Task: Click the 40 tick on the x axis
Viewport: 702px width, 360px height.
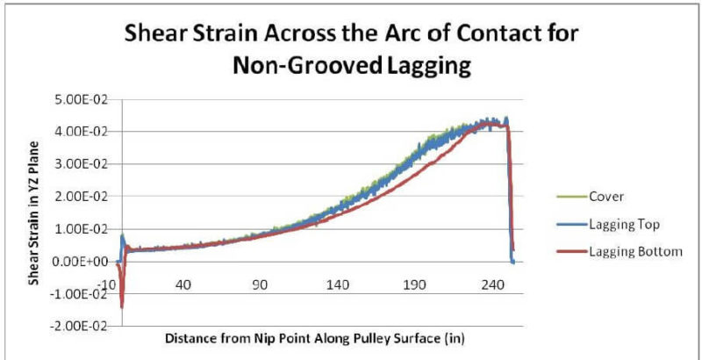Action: coord(183,285)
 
